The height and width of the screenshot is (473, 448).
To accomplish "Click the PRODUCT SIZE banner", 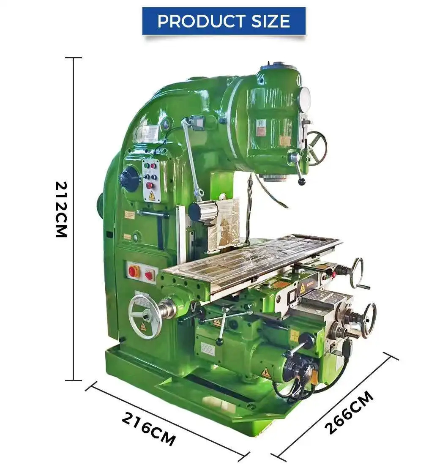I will [x=224, y=21].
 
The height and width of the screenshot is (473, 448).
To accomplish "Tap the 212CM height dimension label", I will [x=62, y=209].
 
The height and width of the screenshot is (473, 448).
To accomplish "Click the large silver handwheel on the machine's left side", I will [x=145, y=316].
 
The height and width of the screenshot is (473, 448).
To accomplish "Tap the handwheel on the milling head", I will [x=317, y=148].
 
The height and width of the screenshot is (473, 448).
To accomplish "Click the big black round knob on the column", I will [x=129, y=178].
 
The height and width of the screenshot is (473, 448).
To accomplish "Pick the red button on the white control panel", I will [x=149, y=185].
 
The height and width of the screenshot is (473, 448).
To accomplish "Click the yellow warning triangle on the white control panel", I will [x=151, y=195].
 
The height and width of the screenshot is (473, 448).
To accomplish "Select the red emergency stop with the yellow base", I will [x=134, y=271].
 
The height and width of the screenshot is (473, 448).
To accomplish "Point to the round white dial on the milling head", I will [x=304, y=99].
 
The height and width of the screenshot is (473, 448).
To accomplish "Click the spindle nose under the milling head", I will [x=275, y=178].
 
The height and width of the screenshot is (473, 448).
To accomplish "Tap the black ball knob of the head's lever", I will [x=302, y=182].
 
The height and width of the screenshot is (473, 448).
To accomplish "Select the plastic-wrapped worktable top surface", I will [x=254, y=258].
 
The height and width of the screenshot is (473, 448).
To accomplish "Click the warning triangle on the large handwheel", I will [x=143, y=326].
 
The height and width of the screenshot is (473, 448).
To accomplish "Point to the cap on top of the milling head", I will [x=279, y=66].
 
